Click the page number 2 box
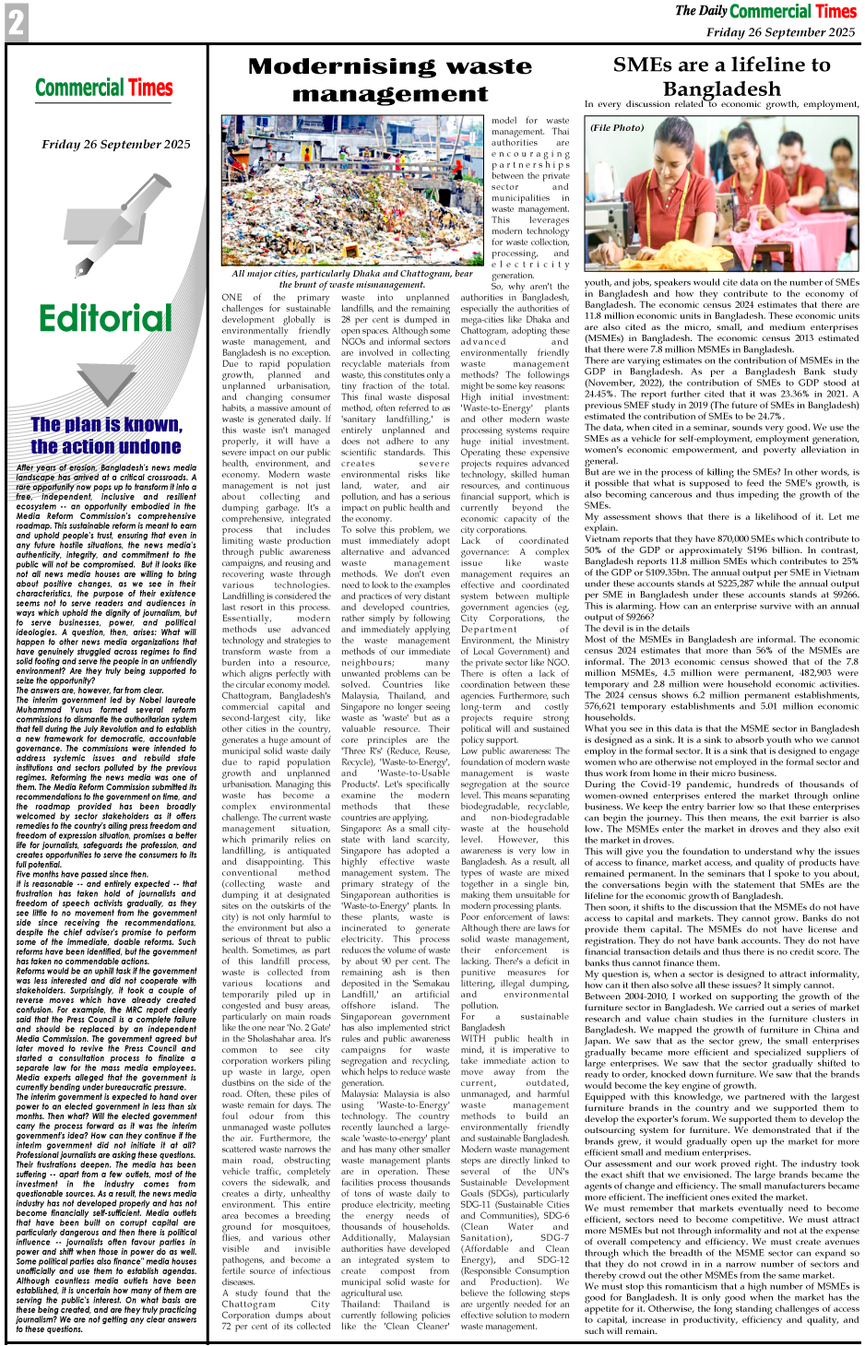point(16,22)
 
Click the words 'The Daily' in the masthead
point(701,11)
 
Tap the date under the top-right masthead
point(780,31)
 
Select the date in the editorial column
point(116,144)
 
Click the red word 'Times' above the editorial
point(150,89)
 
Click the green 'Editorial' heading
point(106,319)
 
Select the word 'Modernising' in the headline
point(337,66)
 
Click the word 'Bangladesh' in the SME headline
point(721,89)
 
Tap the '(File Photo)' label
point(618,127)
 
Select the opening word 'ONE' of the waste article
point(232,297)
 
